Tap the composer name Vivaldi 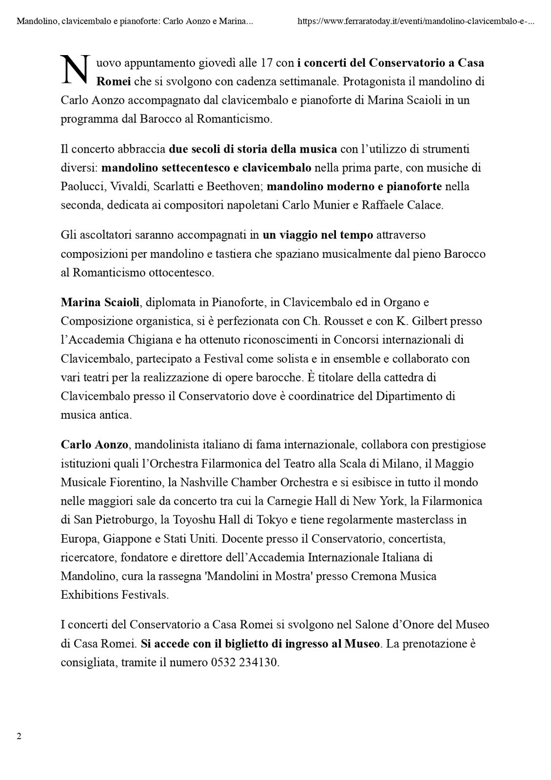point(129,186)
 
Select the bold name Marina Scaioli point(100,302)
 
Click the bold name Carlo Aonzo point(94,445)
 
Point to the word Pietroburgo point(116,519)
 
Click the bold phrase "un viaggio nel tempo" point(318,235)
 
